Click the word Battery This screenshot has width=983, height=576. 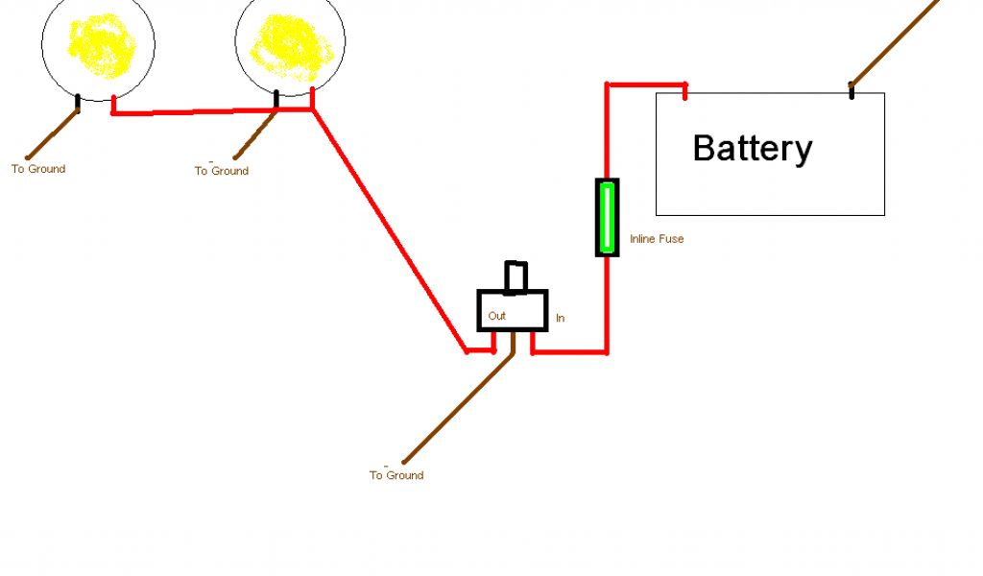(x=752, y=149)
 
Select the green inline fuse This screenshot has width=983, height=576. (x=607, y=217)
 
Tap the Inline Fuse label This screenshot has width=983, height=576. (x=657, y=239)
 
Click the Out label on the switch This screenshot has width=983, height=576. (x=496, y=316)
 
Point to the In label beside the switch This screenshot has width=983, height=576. (x=560, y=317)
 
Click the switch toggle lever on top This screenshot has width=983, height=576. (x=516, y=276)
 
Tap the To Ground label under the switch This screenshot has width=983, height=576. (x=396, y=475)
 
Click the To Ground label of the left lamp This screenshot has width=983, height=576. (x=38, y=169)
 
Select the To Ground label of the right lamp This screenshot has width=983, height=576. (x=222, y=171)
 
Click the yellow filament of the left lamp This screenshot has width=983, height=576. (x=98, y=46)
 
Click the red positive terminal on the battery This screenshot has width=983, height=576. (x=685, y=92)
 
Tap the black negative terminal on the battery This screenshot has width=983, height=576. (x=851, y=90)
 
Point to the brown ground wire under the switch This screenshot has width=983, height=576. (x=458, y=408)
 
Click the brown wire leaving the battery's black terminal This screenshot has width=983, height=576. (x=893, y=42)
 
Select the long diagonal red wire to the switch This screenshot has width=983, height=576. (x=389, y=230)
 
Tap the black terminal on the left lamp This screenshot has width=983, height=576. (x=79, y=103)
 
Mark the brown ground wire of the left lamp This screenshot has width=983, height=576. (x=53, y=134)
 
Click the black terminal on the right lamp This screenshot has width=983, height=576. (x=276, y=99)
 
